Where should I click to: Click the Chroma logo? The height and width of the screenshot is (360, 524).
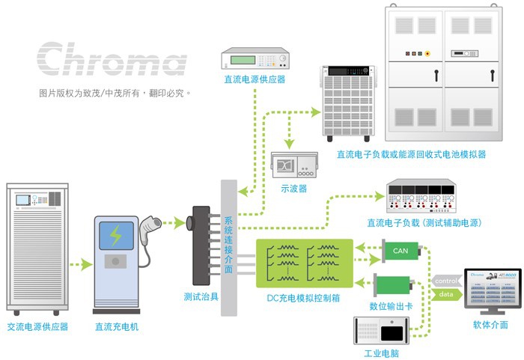(112, 59)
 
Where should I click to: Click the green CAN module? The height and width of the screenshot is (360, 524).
(401, 251)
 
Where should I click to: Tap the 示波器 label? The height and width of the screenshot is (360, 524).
(293, 189)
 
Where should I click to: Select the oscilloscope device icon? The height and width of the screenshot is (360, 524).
(294, 165)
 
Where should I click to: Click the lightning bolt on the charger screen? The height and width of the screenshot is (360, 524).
(115, 235)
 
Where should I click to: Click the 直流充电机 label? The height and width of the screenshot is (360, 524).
(117, 326)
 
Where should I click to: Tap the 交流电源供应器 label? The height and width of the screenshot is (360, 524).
(37, 326)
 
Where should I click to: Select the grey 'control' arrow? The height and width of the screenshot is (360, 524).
(446, 281)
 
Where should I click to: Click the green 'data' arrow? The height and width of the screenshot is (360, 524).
(446, 294)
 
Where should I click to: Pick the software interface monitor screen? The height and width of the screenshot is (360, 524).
(493, 287)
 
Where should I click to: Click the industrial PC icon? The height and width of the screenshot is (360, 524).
(381, 331)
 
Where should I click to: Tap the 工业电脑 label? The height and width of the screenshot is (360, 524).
(381, 353)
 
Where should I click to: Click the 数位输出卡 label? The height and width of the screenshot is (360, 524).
(391, 306)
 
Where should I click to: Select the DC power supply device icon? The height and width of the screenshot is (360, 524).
(255, 58)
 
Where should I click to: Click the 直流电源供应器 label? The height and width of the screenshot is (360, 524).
(255, 79)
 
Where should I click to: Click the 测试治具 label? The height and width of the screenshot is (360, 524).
(201, 296)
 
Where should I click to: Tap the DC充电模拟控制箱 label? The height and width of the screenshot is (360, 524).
(303, 298)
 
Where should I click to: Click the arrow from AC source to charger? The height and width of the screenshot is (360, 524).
(81, 265)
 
